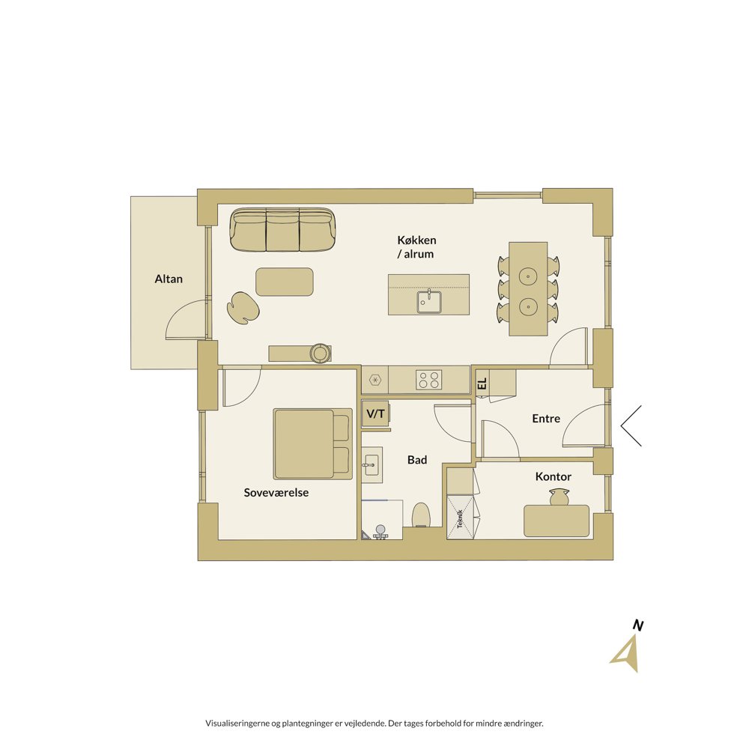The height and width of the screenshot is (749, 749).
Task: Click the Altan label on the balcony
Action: tap(169, 279)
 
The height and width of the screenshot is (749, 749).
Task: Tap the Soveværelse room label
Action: tap(276, 493)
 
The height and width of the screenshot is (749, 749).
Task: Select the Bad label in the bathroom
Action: tap(417, 460)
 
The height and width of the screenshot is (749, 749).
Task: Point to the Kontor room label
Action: tap(554, 476)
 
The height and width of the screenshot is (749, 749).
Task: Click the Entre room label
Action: tap(546, 419)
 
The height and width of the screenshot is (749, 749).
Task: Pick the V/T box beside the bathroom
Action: tap(375, 413)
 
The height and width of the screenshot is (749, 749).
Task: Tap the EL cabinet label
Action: tap(482, 383)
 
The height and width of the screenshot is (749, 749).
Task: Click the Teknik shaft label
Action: tap(460, 519)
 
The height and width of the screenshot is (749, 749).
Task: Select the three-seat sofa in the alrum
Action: tap(283, 229)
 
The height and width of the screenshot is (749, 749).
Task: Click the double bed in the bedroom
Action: tap(313, 443)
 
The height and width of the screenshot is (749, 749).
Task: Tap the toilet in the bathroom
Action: tap(421, 515)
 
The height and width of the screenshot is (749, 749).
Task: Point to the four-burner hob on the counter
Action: tap(428, 380)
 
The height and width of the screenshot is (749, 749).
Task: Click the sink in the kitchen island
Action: tap(429, 301)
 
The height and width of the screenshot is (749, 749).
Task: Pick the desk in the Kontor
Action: tap(557, 521)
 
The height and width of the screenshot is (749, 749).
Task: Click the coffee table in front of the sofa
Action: tap(285, 282)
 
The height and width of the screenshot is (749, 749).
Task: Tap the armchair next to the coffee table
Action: tap(243, 308)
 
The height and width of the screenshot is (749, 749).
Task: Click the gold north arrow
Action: tap(627, 655)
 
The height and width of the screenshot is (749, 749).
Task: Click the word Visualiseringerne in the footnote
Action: tap(237, 724)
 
